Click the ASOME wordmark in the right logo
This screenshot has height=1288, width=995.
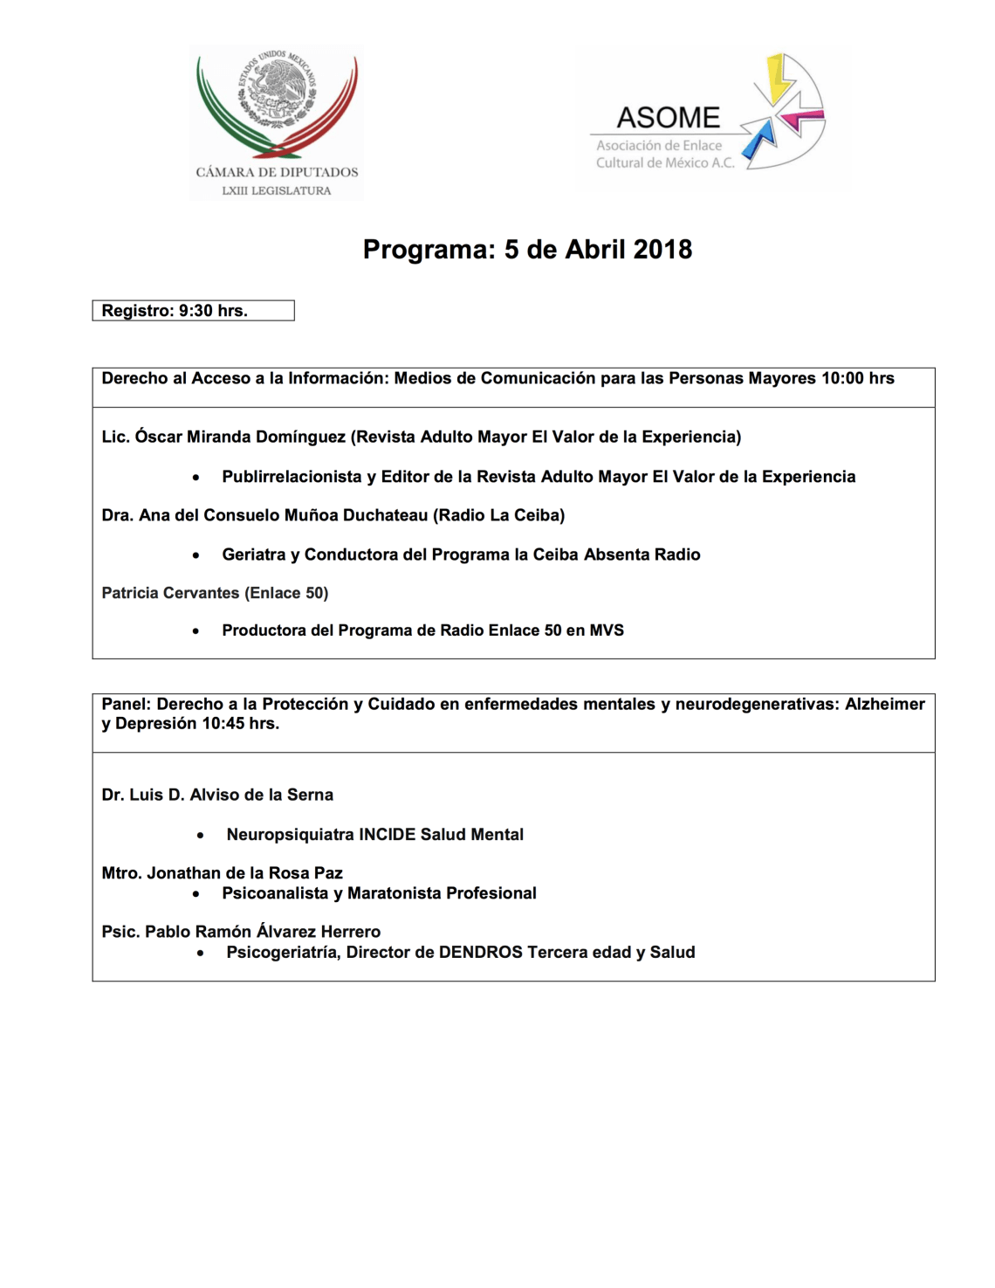(x=668, y=118)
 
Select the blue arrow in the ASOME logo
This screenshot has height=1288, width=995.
(x=762, y=138)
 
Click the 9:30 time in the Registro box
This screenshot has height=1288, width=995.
(x=196, y=311)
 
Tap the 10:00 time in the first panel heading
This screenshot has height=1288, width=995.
(x=841, y=379)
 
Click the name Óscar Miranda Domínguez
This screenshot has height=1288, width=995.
(x=240, y=437)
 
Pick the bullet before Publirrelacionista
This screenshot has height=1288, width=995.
(x=196, y=478)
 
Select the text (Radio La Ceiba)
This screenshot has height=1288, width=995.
(x=499, y=515)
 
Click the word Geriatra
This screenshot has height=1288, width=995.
(x=254, y=554)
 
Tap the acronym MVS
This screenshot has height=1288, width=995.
(x=607, y=630)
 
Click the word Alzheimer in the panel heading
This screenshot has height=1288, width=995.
(x=884, y=704)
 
